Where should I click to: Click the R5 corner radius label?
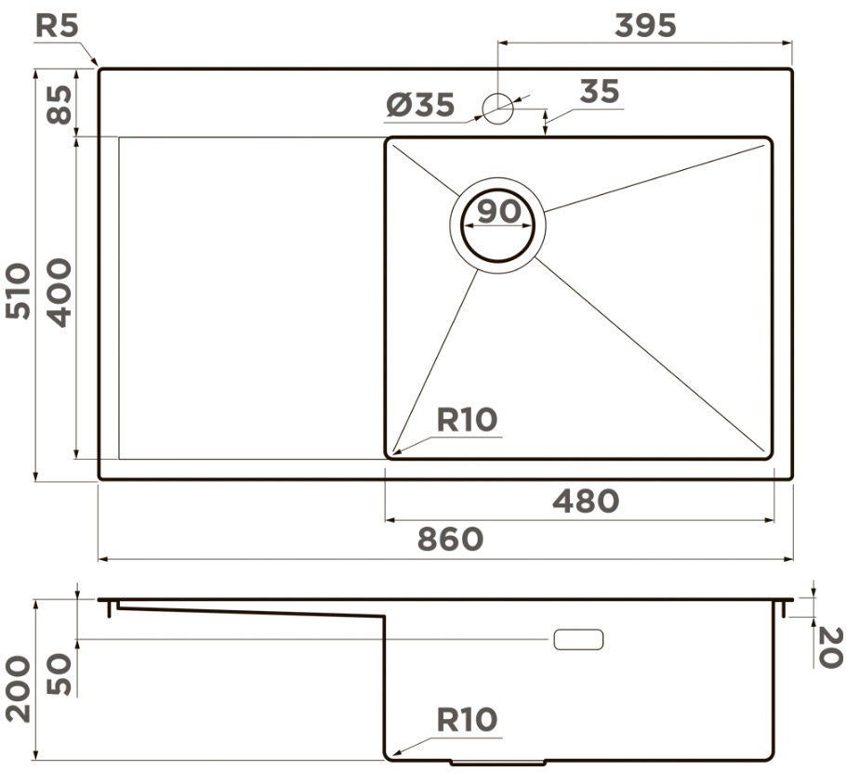[58, 26]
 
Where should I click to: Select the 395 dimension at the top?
[645, 25]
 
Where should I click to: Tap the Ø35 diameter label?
[421, 105]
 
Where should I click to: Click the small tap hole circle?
[497, 109]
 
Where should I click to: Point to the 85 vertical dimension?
[59, 105]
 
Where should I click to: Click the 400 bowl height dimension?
[59, 294]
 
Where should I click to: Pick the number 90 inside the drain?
[499, 211]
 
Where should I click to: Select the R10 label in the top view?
[468, 420]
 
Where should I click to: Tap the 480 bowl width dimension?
[586, 502]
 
